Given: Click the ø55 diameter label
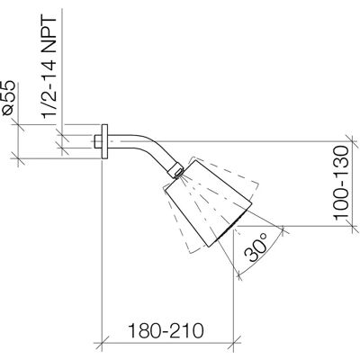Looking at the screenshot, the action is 8,98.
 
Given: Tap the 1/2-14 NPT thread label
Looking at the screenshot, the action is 49,67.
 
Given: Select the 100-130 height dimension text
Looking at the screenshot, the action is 342,183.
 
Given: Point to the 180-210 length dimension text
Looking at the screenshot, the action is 166,330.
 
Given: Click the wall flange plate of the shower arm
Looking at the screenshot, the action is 104,141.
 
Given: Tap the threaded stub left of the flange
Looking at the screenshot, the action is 98,141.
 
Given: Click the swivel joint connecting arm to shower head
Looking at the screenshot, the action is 175,171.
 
